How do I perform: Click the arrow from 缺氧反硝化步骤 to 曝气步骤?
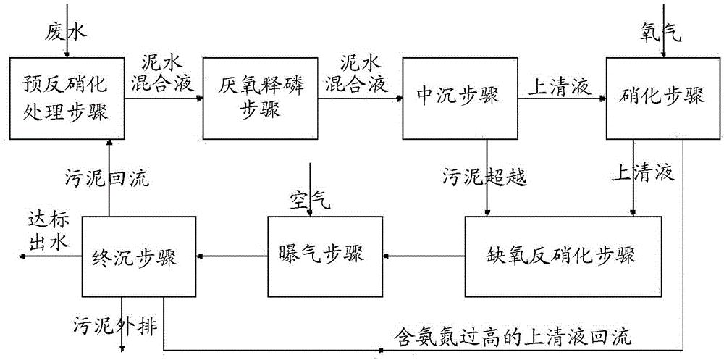pyautogui.click(x=424, y=255)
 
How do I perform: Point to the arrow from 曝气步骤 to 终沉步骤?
pyautogui.click(x=232, y=255)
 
